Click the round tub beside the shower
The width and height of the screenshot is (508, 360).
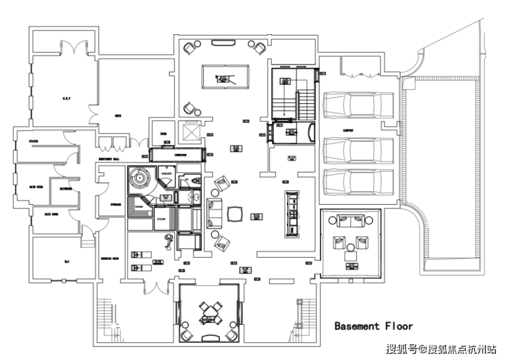pos(141,177)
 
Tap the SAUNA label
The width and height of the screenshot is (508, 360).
pos(139,205)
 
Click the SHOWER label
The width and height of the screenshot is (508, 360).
pos(166,175)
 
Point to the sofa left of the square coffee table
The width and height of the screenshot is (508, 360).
pos(213,212)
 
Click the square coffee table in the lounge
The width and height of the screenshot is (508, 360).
pos(234,213)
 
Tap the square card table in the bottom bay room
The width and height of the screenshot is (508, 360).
pos(207,311)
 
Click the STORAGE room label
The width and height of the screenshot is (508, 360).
pos(115,204)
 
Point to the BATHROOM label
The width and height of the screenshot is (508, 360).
pos(66,188)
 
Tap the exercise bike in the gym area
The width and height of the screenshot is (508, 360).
pos(167,240)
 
